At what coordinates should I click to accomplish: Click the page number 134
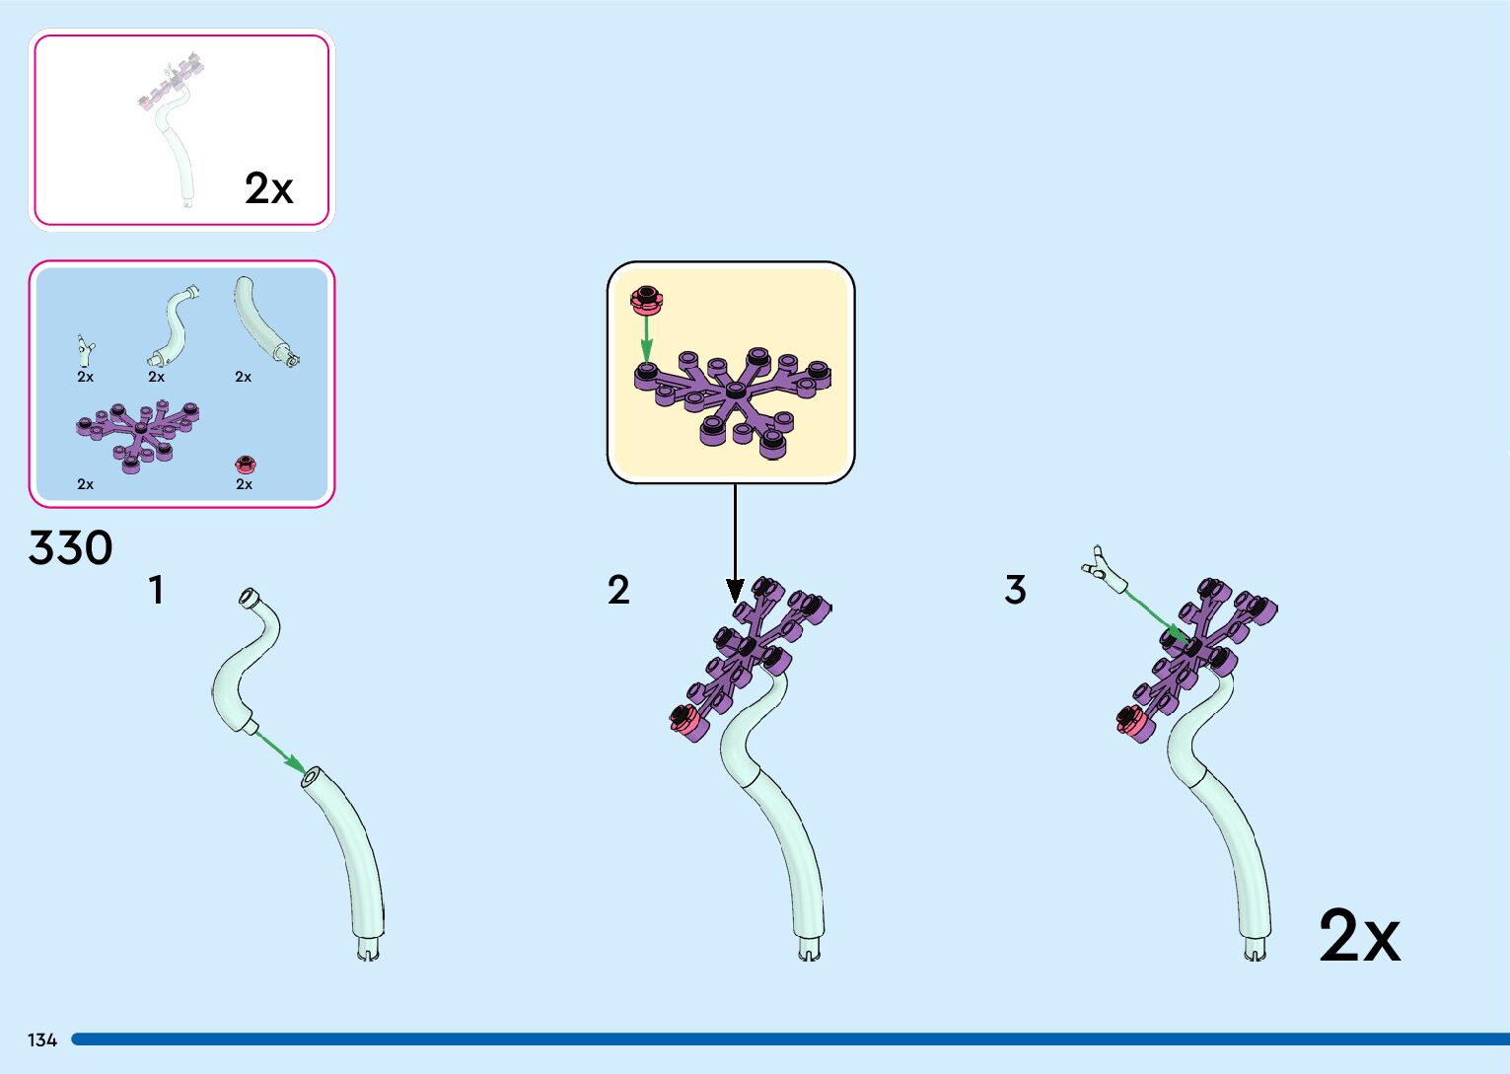[x=42, y=1040]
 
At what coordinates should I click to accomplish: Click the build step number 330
[x=71, y=548]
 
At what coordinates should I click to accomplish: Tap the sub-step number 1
[x=156, y=591]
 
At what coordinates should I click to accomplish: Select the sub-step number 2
[x=618, y=591]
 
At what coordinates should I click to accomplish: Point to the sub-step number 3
[x=1015, y=591]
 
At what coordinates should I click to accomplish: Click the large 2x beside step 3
[x=1358, y=936]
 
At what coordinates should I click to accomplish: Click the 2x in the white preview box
[x=268, y=188]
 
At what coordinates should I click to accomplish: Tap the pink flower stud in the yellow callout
[x=646, y=297]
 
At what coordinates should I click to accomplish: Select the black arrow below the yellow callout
[x=735, y=542]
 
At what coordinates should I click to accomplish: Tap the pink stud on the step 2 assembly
[x=683, y=721]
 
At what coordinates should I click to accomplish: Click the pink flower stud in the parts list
[x=245, y=464]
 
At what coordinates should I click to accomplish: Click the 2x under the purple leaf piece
[x=86, y=484]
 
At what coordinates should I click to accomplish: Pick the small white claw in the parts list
[x=85, y=348]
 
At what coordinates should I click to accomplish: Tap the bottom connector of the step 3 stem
[x=1255, y=951]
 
